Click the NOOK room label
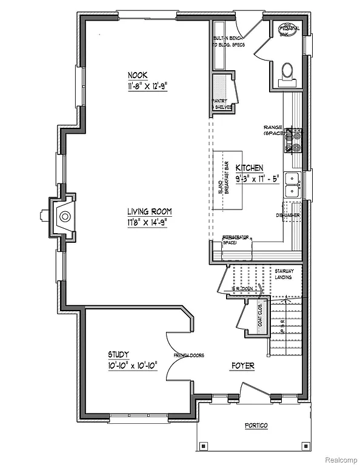click(x=138, y=75)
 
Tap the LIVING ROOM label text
click(x=149, y=212)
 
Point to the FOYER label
click(x=242, y=366)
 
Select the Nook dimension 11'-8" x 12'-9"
click(x=147, y=86)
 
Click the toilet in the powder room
click(x=287, y=72)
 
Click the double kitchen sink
click(x=293, y=185)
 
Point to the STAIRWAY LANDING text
click(x=284, y=274)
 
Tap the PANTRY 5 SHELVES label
click(x=219, y=104)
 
